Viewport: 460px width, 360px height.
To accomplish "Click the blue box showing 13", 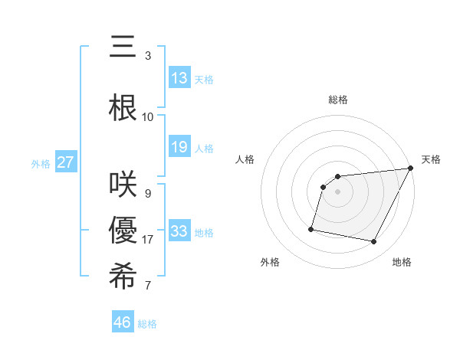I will point(179,78).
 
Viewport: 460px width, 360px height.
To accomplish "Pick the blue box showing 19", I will point(179,148).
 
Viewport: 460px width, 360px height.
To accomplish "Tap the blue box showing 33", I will point(179,231).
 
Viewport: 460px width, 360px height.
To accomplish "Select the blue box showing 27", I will point(66,162).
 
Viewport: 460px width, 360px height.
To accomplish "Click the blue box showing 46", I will point(123,322).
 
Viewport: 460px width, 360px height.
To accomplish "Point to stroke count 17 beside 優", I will point(148,240).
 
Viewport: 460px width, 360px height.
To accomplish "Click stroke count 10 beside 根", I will point(148,116).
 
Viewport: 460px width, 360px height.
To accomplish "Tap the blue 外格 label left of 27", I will point(41,163).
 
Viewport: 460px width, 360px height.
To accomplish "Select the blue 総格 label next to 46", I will point(147,324).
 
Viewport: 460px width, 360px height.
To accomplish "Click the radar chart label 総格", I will point(338,100).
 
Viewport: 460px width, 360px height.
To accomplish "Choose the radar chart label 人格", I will point(245,159).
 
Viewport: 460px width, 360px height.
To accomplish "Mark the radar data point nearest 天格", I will point(411,168).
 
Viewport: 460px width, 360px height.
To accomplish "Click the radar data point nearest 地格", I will point(374,242).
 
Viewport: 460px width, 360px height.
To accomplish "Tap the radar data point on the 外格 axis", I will point(311,229).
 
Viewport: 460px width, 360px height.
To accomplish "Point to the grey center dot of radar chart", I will point(338,191).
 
